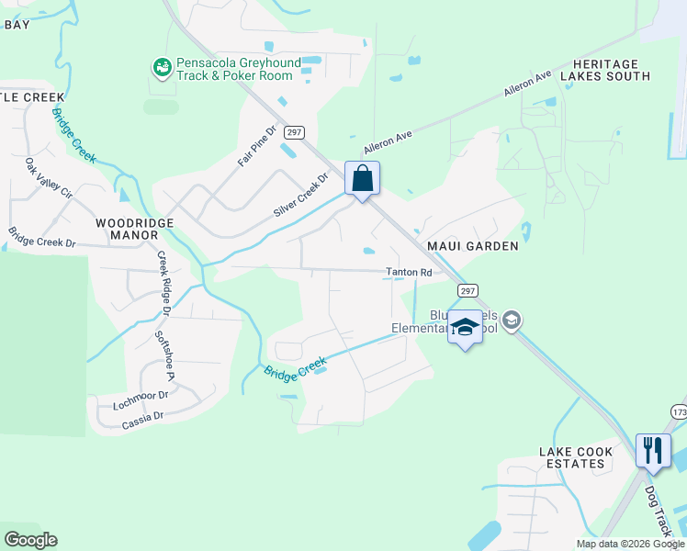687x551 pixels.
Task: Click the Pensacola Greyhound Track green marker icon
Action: point(163,67)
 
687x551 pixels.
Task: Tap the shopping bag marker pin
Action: point(362,178)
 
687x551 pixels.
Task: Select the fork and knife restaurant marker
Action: point(653,451)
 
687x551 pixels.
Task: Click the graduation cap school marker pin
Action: point(465,328)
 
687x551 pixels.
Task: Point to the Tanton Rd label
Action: point(408,273)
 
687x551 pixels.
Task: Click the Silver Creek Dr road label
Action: point(300,197)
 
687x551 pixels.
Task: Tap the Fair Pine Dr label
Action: point(256,146)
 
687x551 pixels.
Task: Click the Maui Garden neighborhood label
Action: point(472,246)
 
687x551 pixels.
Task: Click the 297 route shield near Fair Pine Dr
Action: point(293,132)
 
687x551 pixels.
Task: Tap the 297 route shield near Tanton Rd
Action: point(467,291)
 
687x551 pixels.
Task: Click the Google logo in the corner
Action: point(30,540)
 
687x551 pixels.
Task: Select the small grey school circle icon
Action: point(512,320)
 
